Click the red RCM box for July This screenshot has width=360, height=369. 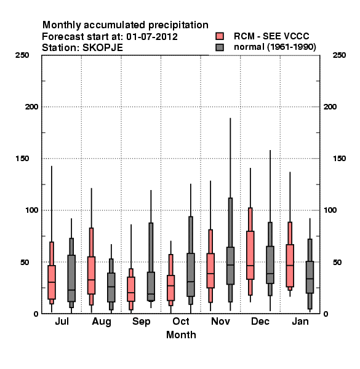pos(52,282)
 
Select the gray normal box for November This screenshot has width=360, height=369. pos(230,266)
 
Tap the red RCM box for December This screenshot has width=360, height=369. pos(250,255)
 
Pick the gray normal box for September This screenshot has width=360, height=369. pos(151,287)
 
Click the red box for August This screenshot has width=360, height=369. pos(91,276)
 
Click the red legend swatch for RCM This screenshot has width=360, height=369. pos(220,36)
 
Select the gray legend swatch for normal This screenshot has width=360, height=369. pos(220,47)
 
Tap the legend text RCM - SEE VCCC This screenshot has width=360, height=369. pos(271,36)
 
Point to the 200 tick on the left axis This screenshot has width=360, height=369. pos(31,107)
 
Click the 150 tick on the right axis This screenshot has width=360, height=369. pos(339,159)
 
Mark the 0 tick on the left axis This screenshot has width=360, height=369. pos(36,314)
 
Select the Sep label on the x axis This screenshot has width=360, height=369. pos(141,322)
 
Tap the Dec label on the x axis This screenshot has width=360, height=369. pos(260,321)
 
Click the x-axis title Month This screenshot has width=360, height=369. pos(181,335)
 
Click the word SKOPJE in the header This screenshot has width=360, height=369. pos(103,48)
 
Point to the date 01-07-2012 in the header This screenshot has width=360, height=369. pos(152,37)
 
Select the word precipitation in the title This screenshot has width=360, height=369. pos(178,25)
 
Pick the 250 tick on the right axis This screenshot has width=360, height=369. pos(339,55)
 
